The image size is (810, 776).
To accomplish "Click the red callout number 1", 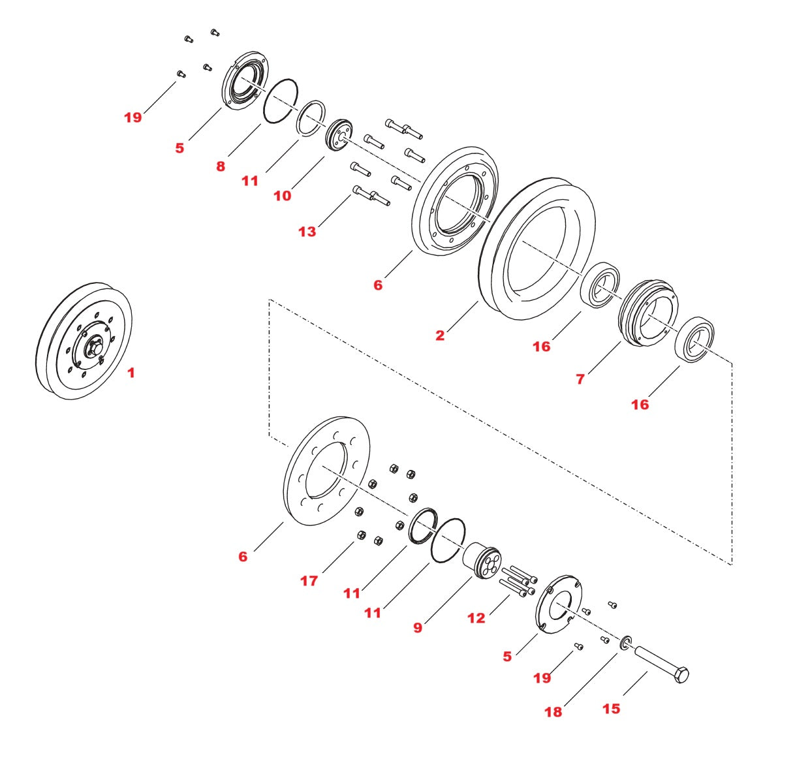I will (131, 373).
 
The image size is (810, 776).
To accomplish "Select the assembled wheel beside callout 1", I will (84, 341).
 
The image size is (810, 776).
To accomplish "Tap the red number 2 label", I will (440, 335).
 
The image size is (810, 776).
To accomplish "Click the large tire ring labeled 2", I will (496, 261).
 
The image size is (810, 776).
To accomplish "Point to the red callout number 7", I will (580, 379).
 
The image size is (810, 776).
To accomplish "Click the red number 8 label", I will (221, 166).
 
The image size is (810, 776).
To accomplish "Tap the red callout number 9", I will (418, 627).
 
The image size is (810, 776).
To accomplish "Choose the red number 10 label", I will (282, 195).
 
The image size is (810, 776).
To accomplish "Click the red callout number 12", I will (476, 617).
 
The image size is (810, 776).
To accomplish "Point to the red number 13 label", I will (307, 231).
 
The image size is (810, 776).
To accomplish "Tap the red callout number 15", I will (611, 708).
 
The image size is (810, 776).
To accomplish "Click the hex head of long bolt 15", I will (680, 675).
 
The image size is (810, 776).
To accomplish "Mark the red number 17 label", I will (309, 580).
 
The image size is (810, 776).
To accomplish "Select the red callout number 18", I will (553, 711).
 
